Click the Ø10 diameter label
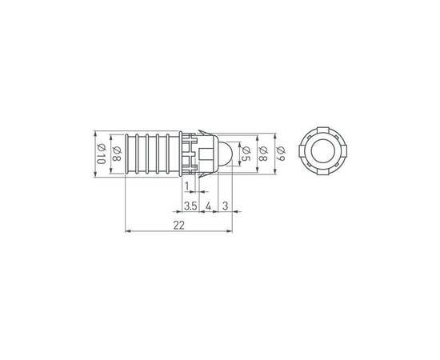[101, 154]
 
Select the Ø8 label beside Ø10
[117, 154]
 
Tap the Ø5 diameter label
[246, 154]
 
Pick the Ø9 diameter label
[281, 154]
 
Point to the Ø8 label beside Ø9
[263, 154]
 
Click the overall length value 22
[178, 225]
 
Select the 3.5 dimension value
[190, 206]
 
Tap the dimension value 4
[208, 206]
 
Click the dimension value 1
[186, 186]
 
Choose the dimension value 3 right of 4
[225, 206]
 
